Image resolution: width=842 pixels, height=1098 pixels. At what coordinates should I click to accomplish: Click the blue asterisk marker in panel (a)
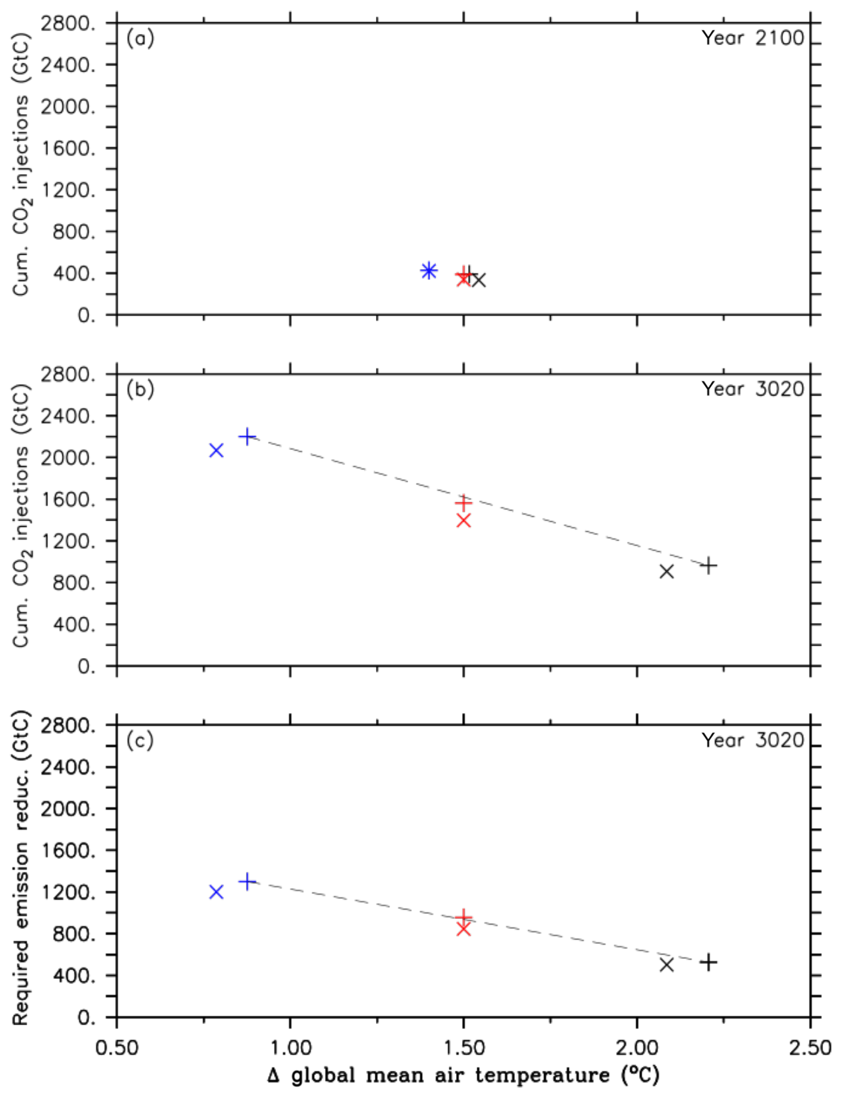coord(428,271)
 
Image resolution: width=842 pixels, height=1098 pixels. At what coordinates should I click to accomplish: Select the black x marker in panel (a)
coord(478,280)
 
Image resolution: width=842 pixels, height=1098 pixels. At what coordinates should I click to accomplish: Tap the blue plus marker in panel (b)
coord(247,437)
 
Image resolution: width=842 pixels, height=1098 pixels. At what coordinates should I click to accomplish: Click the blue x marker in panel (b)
coord(216,451)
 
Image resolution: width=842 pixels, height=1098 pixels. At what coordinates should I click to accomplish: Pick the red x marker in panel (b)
coord(463,521)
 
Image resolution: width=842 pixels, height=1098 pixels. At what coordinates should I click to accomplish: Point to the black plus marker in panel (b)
coord(708,566)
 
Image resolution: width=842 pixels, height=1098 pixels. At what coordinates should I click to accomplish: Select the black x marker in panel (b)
coord(666,571)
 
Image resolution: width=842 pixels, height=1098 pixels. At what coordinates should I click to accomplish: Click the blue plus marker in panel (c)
coord(247,881)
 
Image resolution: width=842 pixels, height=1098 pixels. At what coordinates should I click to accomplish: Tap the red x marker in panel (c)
coord(463,929)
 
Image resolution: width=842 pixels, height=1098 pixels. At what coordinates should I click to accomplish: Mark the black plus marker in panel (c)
coord(708,962)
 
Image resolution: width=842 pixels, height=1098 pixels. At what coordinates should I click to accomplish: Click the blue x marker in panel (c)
coord(216,892)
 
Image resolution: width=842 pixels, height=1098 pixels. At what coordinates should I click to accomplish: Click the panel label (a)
coord(140,39)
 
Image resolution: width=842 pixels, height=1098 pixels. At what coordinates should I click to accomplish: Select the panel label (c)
coord(140,741)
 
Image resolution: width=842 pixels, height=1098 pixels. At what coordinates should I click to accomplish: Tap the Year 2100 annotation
coord(752,38)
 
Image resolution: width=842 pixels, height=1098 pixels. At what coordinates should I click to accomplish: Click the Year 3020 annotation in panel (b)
coord(752,389)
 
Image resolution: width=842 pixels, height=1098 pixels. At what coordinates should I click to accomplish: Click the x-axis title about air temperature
coord(463,1075)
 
